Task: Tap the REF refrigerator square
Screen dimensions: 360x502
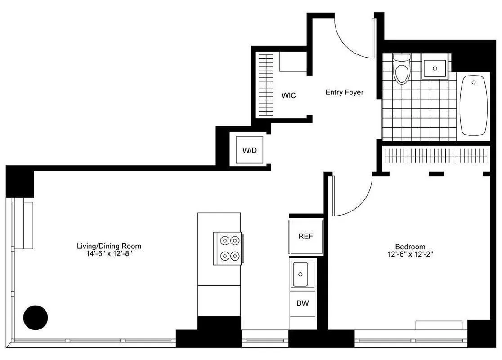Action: point(305,237)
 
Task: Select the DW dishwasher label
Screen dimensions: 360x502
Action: point(303,303)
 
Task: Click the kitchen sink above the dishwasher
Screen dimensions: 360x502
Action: point(300,274)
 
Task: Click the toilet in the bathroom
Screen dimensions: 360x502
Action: point(402,69)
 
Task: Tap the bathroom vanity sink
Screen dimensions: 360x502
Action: point(435,68)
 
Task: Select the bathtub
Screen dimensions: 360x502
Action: point(473,105)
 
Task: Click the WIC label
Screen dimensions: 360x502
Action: point(288,96)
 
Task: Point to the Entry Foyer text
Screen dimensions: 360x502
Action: point(344,93)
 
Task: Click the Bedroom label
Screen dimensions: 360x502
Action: point(410,247)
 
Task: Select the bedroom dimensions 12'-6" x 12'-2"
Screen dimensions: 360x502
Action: point(410,254)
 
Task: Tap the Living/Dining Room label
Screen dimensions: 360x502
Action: point(109,246)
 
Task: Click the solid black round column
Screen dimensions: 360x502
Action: point(35,317)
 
